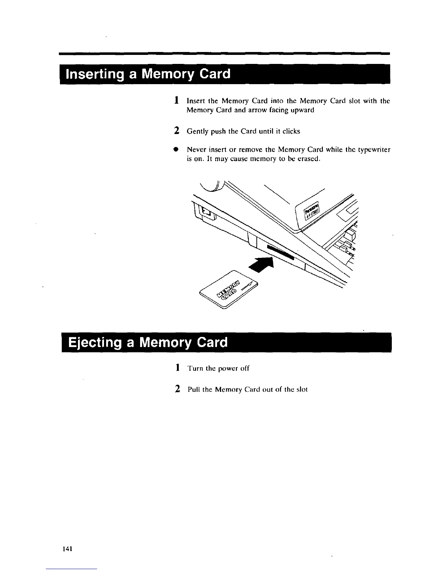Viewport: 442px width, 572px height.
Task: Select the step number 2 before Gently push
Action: [x=177, y=131]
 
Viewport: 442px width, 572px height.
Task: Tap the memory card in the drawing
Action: [x=230, y=289]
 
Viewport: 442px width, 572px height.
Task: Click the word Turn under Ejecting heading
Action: [x=195, y=368]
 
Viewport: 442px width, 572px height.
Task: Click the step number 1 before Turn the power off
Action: [x=177, y=368]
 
